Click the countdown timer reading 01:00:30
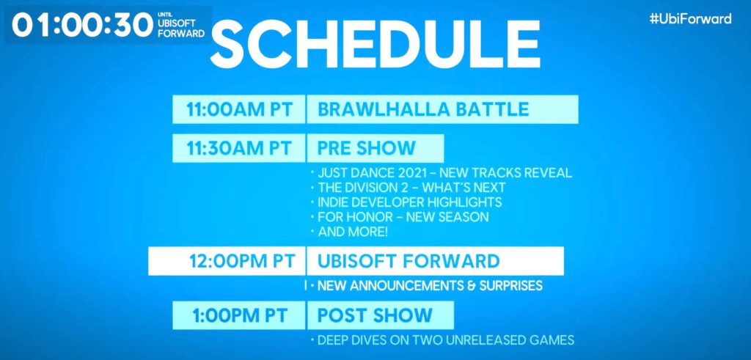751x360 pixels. [82, 25]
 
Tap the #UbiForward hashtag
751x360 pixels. [690, 19]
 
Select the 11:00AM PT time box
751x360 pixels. [238, 110]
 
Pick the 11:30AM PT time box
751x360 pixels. [238, 148]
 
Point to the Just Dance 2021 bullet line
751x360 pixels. [441, 173]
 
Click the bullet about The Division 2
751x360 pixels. [408, 188]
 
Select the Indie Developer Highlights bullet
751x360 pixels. [406, 202]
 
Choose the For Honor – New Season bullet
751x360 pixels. [400, 217]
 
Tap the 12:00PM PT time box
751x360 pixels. [227, 261]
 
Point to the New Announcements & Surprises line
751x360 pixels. [426, 286]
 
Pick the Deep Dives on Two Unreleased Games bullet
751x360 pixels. [442, 340]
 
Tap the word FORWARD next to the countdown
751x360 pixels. [180, 34]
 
